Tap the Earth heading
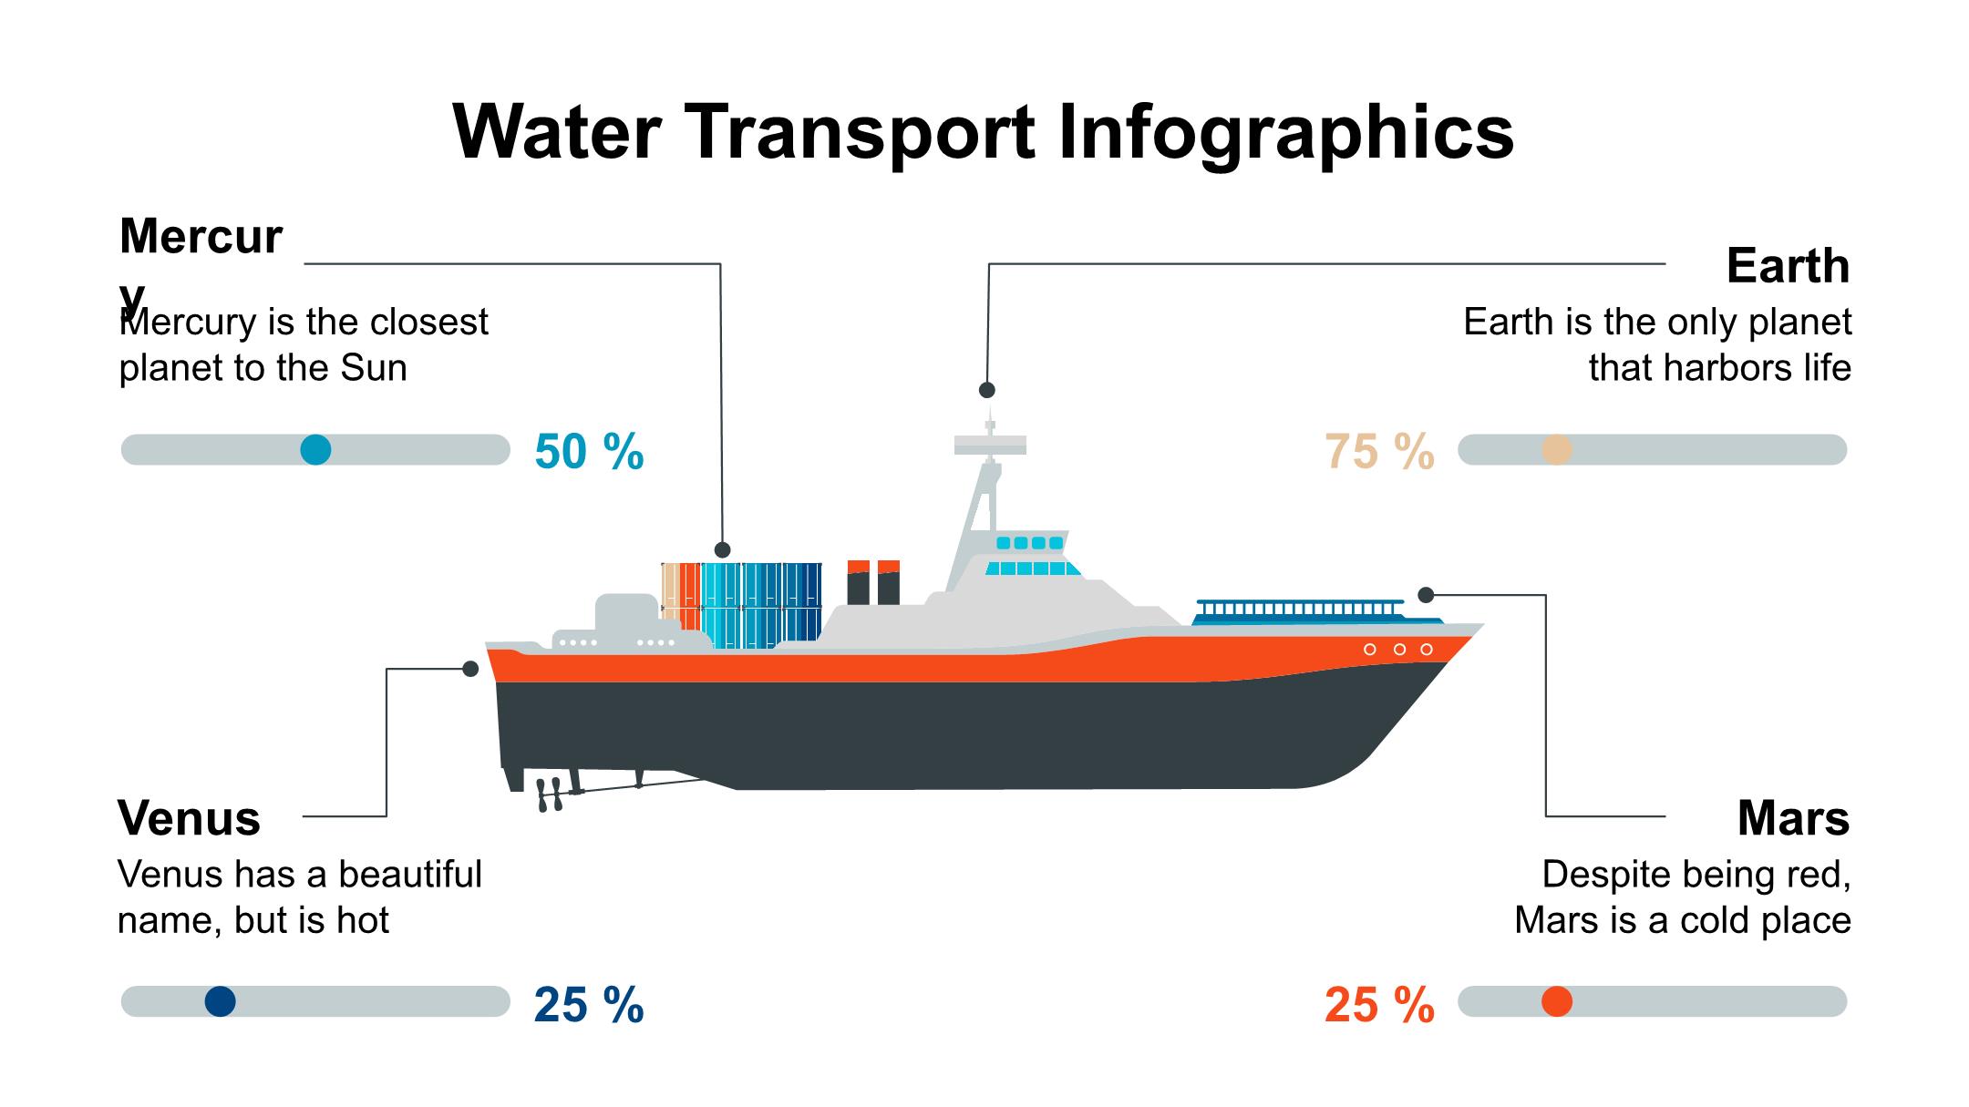[1788, 266]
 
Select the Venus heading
[189, 817]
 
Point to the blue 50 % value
[589, 452]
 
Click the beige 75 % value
[1379, 452]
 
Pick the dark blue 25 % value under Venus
[589, 1005]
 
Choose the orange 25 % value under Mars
[1379, 1005]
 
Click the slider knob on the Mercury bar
[315, 450]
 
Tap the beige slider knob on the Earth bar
[1557, 450]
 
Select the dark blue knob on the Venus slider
[221, 1002]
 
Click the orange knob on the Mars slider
[1557, 1002]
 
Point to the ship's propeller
[549, 794]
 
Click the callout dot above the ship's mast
[987, 390]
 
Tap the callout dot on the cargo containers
[723, 549]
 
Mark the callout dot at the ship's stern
[470, 669]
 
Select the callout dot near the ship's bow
[1426, 595]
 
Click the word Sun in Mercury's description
[374, 368]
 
